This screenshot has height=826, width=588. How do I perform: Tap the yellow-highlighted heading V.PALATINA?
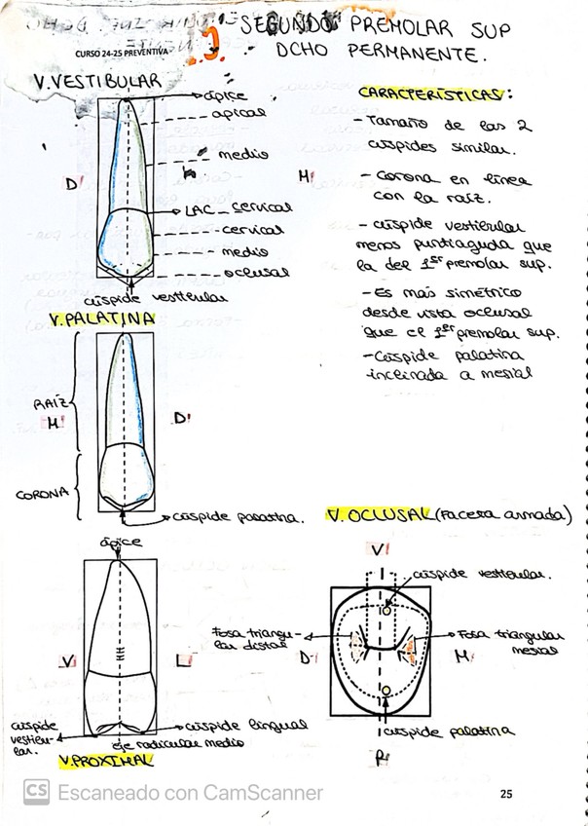coord(100,319)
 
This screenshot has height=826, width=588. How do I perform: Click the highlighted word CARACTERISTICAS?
coord(434,94)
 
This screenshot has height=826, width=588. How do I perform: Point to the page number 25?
coord(505,794)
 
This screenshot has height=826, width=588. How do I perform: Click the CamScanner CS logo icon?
coord(36,792)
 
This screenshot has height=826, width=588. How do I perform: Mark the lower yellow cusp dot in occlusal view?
coord(386,690)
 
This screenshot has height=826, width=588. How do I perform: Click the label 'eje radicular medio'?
coord(186,742)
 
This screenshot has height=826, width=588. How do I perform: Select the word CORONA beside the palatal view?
coord(41,493)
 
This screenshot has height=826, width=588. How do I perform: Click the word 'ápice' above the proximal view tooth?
coord(121,542)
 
